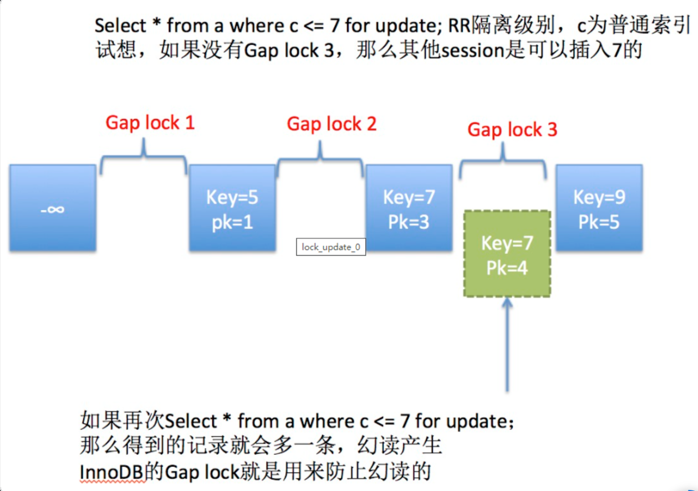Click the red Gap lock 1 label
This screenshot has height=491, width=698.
tap(150, 123)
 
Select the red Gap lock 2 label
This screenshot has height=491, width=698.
tap(332, 124)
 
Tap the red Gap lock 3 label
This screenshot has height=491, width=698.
tap(512, 129)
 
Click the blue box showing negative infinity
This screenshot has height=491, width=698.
tap(53, 208)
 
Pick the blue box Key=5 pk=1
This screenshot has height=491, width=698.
tap(232, 208)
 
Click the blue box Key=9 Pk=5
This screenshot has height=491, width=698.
tap(599, 208)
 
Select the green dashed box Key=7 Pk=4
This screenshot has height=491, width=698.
tap(507, 253)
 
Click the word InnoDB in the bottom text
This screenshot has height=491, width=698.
tap(112, 472)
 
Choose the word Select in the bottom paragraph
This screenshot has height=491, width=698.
tap(189, 422)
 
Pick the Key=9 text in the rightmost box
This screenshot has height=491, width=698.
tap(599, 198)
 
